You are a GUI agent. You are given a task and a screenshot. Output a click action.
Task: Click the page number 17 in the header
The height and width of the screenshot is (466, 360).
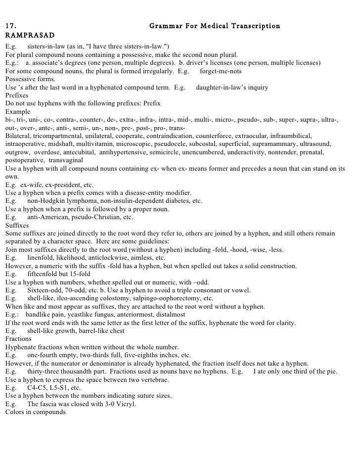click(10, 26)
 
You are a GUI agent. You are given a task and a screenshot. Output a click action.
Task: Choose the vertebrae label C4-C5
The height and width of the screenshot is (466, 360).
click(38, 388)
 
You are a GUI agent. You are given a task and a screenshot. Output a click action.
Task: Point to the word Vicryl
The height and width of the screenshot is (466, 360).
click(124, 404)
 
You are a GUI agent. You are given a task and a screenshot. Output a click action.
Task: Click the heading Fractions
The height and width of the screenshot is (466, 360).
click(17, 339)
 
